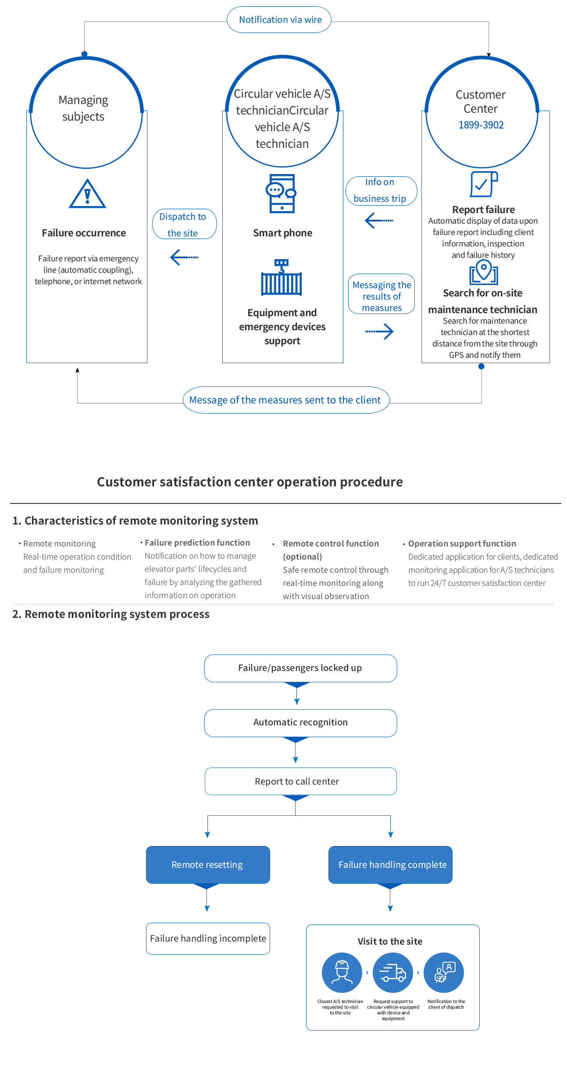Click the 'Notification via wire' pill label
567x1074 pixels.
click(x=279, y=20)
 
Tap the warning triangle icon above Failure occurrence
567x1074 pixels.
click(x=87, y=193)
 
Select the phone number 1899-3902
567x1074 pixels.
click(x=481, y=125)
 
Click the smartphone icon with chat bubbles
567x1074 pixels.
click(x=281, y=193)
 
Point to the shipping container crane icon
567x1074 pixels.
click(x=282, y=277)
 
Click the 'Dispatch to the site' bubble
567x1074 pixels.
click(x=185, y=224)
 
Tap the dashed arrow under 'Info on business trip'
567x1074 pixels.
click(x=379, y=220)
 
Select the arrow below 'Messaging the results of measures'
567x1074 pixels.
click(x=379, y=332)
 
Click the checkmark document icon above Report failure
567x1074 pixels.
click(x=484, y=184)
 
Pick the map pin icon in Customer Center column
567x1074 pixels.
click(x=484, y=272)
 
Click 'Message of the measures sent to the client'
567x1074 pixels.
click(x=286, y=400)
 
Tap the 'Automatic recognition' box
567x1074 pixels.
click(x=300, y=723)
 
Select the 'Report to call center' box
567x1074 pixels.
click(x=300, y=781)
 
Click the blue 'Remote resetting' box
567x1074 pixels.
click(x=208, y=864)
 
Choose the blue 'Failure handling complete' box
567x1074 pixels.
click(x=390, y=864)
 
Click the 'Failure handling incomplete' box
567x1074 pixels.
click(x=208, y=938)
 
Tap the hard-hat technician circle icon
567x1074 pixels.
click(x=342, y=972)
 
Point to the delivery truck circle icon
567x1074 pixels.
click(x=393, y=972)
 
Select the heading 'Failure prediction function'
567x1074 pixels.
click(x=197, y=542)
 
